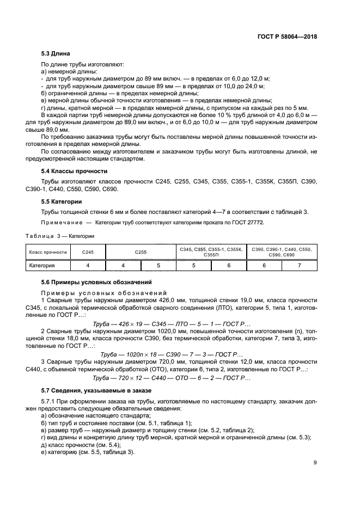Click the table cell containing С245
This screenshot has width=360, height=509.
point(88,253)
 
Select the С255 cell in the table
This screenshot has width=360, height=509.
point(141,253)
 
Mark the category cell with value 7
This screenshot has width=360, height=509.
point(299,266)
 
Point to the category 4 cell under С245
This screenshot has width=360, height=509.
point(88,266)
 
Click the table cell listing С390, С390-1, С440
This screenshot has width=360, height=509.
point(282,253)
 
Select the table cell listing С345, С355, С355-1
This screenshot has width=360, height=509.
point(211,253)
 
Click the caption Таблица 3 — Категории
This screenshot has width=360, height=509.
point(60,236)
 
